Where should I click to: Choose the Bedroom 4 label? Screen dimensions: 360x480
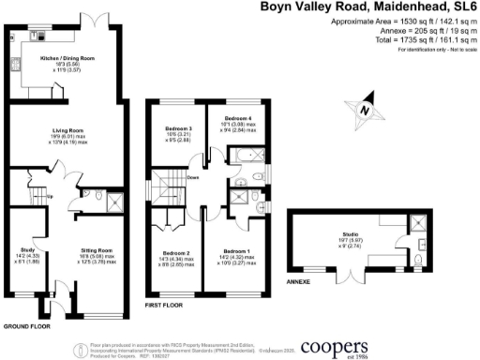[x=235, y=119]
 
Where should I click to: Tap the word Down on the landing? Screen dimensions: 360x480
[x=193, y=177]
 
